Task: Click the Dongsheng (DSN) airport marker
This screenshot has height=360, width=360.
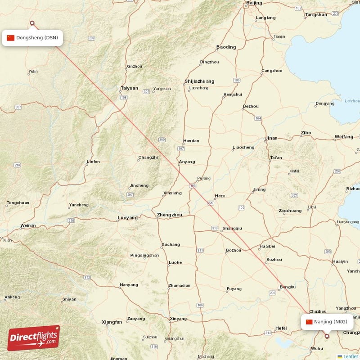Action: pyautogui.click(x=32, y=23)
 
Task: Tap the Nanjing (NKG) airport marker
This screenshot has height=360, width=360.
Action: pyautogui.click(x=327, y=335)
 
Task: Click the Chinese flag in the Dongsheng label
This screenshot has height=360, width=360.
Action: pyautogui.click(x=11, y=38)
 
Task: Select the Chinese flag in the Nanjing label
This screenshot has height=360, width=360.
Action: pyautogui.click(x=309, y=322)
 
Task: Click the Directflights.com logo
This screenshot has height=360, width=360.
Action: pyautogui.click(x=34, y=338)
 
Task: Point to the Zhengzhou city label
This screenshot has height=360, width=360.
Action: pyautogui.click(x=169, y=215)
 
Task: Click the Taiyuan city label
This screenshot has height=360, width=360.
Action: pyautogui.click(x=129, y=88)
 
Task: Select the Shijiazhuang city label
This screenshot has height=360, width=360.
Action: pyautogui.click(x=199, y=81)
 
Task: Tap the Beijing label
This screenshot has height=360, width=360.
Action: pyautogui.click(x=254, y=3)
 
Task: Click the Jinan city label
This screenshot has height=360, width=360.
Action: pyautogui.click(x=271, y=138)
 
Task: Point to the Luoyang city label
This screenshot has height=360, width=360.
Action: pyautogui.click(x=127, y=218)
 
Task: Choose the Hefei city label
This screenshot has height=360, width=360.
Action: pyautogui.click(x=281, y=328)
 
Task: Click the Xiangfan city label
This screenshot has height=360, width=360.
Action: pyautogui.click(x=112, y=322)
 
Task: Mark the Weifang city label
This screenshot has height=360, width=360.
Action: pyautogui.click(x=344, y=136)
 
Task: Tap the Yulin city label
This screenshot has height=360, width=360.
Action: pyautogui.click(x=33, y=72)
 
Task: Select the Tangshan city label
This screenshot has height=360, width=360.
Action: pyautogui.click(x=316, y=15)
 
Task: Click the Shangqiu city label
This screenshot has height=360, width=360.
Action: pyautogui.click(x=232, y=228)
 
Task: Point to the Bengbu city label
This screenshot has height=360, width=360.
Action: pyautogui.click(x=288, y=287)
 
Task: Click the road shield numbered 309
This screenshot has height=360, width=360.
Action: pyautogui.click(x=162, y=139)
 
